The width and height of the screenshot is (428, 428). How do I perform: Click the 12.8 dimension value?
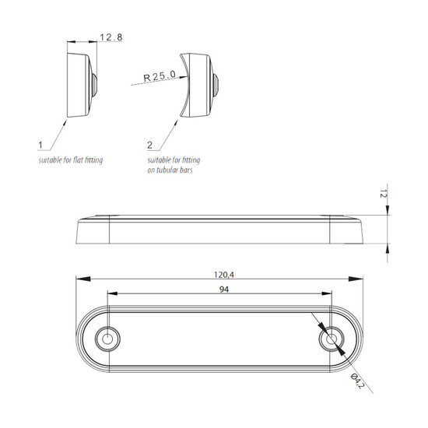(111, 37)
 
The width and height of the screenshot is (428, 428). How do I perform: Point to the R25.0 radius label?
(160, 76)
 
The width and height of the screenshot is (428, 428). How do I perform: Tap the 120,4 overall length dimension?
(224, 275)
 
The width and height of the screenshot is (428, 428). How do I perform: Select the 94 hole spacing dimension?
(224, 289)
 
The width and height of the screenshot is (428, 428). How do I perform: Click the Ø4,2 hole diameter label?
(358, 381)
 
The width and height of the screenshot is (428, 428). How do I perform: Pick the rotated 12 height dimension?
(384, 194)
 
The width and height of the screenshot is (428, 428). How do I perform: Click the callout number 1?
(40, 146)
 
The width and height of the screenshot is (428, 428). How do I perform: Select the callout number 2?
(149, 146)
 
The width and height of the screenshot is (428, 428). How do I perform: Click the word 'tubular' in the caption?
(167, 170)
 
